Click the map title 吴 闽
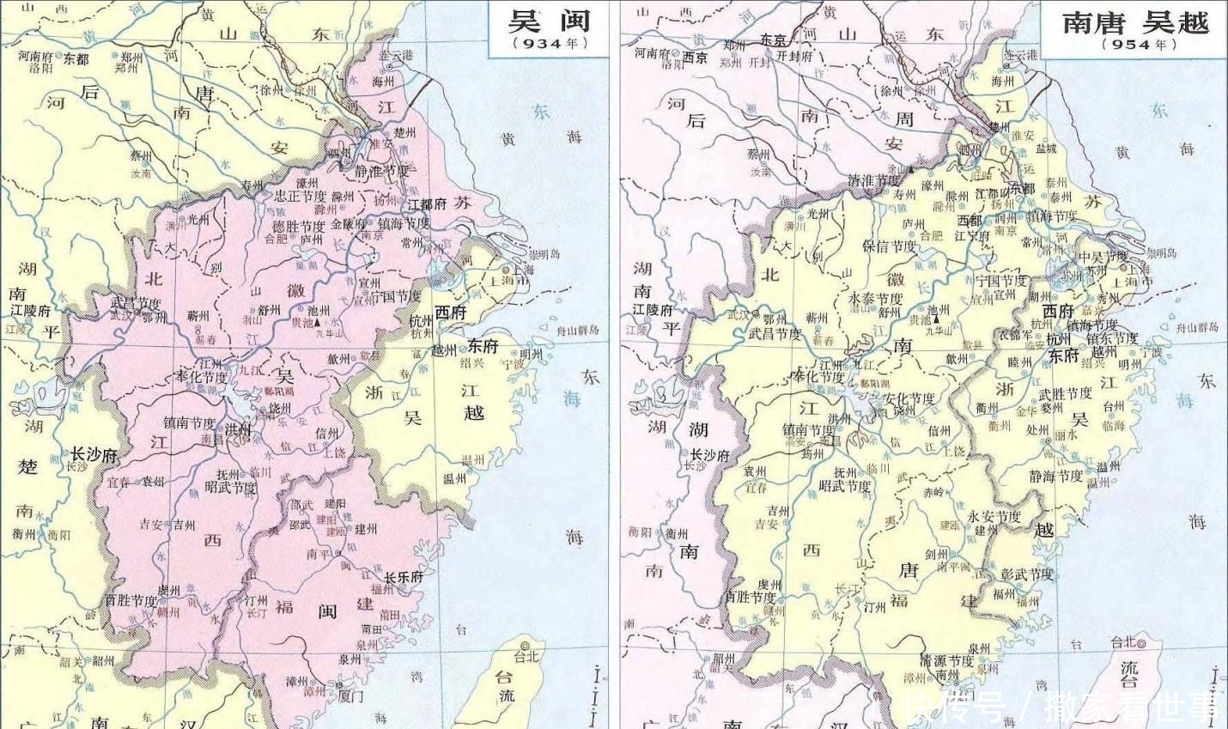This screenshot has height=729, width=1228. click(550, 21)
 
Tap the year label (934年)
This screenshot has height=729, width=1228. click(550, 43)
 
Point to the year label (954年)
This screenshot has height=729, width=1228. click(1135, 45)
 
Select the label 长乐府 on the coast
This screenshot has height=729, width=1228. click(403, 577)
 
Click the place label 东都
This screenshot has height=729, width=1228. click(76, 59)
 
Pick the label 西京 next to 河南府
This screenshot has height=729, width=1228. click(696, 58)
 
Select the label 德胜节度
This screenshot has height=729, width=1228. click(299, 227)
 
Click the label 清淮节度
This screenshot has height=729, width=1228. click(874, 180)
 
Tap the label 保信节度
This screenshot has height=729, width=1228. click(889, 246)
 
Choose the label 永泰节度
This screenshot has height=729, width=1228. click(875, 299)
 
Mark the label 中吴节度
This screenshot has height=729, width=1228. click(1103, 257)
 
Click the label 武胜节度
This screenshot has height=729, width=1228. click(1065, 394)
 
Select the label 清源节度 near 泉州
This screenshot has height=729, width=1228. click(947, 661)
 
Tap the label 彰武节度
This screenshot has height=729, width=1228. click(1027, 574)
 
